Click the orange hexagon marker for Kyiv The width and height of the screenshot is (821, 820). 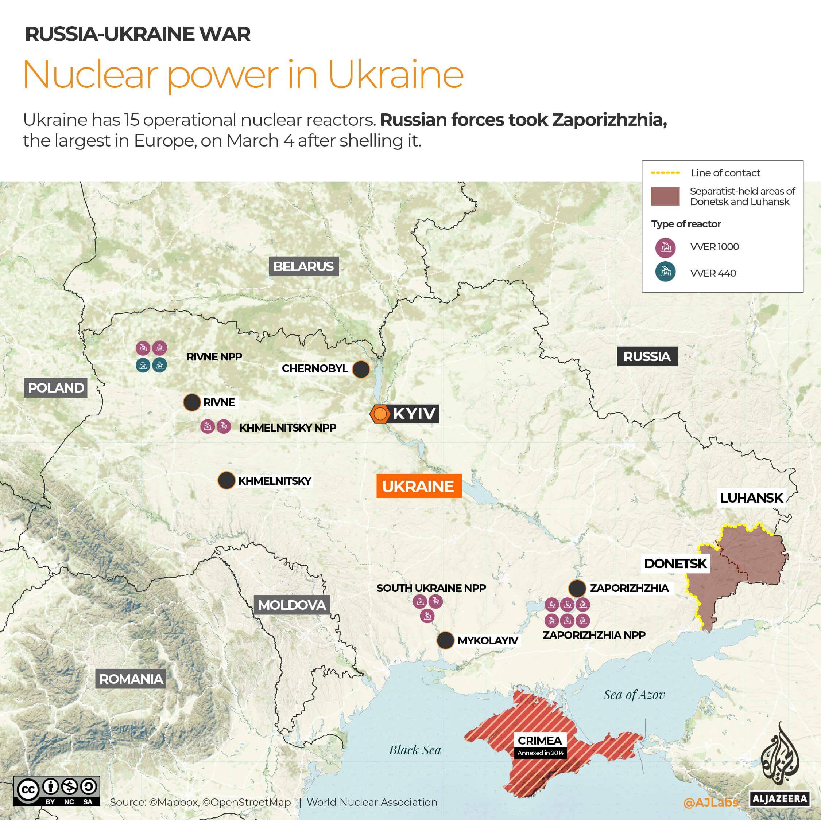380,414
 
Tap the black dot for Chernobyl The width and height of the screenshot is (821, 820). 361,369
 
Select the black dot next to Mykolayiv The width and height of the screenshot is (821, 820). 445,640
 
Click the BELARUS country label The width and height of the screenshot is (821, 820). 303,266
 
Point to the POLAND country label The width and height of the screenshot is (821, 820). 56,388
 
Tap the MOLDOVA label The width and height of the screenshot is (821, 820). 292,605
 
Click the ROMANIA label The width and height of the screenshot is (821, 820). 131,679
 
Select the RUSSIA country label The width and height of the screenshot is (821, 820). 647,356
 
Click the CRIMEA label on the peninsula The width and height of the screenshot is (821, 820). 540,740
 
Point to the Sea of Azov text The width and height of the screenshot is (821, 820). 634,695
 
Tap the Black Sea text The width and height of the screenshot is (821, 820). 415,750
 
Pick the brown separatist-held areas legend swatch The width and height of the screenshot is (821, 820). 665,196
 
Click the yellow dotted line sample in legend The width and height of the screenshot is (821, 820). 665,173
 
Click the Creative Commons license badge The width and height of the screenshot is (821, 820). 57,791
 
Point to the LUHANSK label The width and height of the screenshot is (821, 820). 751,498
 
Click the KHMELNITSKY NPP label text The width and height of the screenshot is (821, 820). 288,427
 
